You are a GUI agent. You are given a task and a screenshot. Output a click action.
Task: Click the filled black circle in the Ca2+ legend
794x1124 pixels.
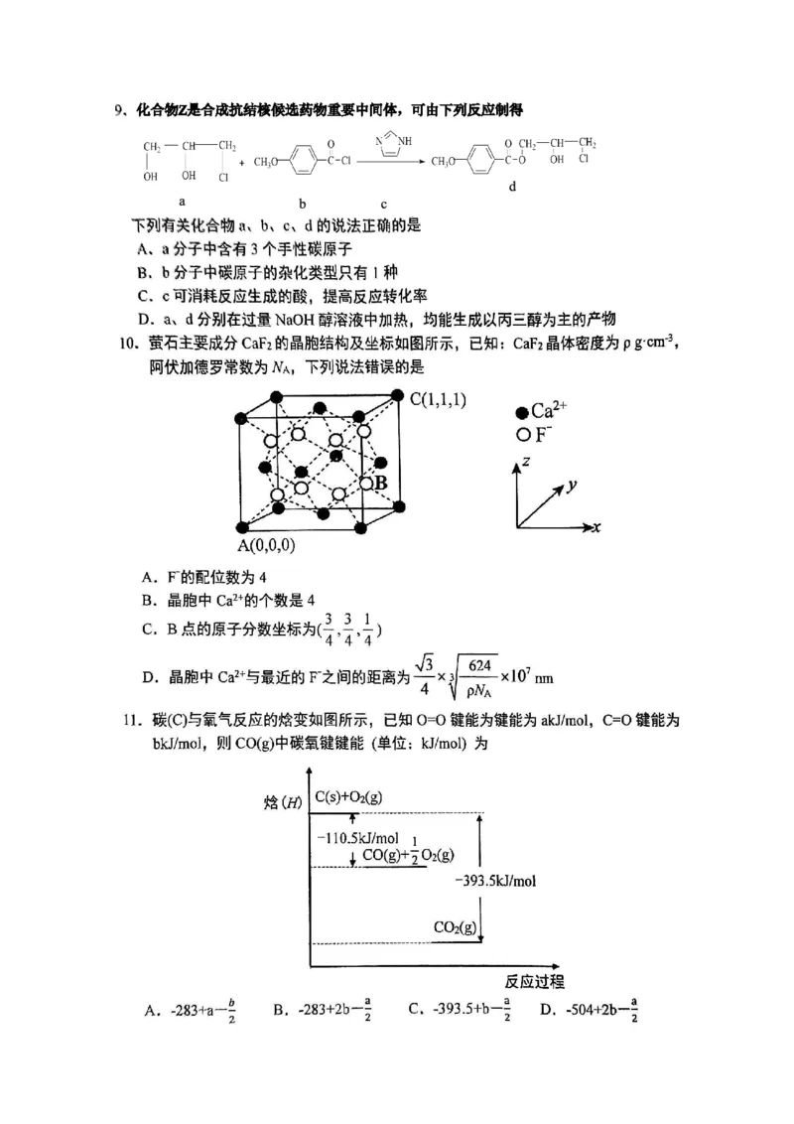[x=521, y=411]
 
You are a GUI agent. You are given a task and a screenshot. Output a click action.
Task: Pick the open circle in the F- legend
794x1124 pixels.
[x=521, y=435]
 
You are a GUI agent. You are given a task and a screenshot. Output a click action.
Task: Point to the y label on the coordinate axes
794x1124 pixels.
[x=572, y=486]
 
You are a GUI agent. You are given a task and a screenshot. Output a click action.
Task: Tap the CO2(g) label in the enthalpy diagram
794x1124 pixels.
[x=455, y=927]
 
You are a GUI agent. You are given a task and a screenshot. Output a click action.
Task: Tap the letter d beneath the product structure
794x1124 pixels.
[x=511, y=186]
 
